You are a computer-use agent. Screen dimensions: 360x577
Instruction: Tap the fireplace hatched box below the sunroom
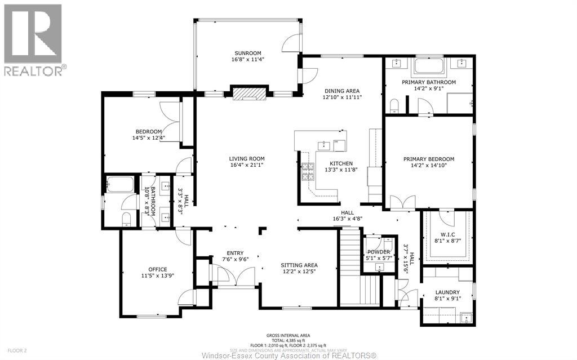pos(248,94)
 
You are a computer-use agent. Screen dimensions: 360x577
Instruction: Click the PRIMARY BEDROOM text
pos(428,159)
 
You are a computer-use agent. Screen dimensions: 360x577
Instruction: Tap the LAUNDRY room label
pos(447,292)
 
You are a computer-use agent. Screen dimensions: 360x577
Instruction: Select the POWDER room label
pos(379,252)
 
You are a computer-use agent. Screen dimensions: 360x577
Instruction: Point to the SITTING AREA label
pos(299,265)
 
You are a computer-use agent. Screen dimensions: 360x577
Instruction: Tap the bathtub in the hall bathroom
pos(121,185)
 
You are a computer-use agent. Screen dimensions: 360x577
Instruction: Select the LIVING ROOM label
pos(246,158)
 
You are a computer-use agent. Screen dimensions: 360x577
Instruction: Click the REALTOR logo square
pos(33,33)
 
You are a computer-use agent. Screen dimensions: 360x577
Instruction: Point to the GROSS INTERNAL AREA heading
pos(288,335)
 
